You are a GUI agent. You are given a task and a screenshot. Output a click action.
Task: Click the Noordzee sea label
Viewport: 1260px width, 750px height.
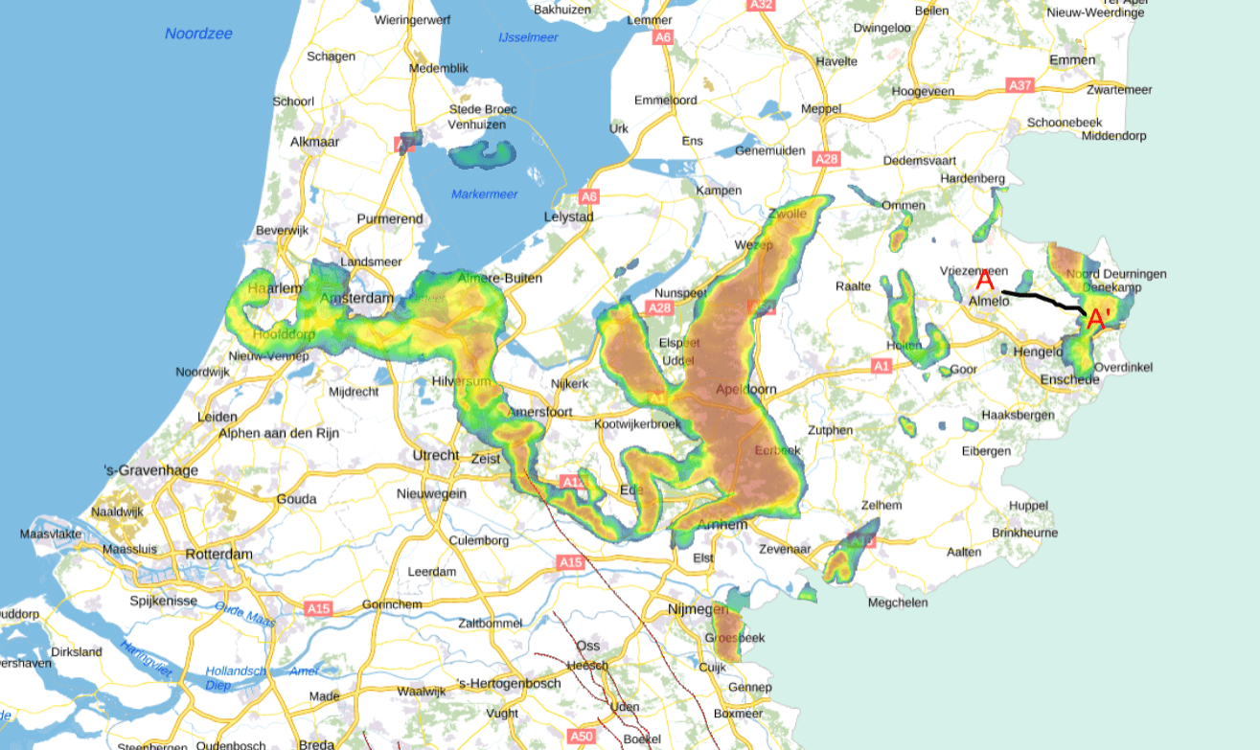click(x=198, y=34)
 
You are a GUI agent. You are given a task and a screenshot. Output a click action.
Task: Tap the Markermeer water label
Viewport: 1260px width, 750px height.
click(x=484, y=195)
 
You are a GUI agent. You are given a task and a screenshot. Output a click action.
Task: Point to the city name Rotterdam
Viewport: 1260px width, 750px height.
click(x=219, y=555)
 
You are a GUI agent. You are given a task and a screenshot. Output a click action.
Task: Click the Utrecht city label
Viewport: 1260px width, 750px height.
click(x=435, y=455)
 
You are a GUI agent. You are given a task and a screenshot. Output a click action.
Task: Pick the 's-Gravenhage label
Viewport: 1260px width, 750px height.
click(x=150, y=470)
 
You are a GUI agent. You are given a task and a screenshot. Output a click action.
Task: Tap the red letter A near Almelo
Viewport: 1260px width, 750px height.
click(x=984, y=281)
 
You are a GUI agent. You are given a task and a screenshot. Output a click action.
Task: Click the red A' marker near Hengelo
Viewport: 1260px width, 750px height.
click(x=1098, y=318)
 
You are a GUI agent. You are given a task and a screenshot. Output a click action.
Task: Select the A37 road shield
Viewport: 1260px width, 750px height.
click(x=1019, y=86)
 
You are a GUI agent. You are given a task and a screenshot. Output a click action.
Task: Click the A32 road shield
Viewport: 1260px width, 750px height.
click(x=762, y=5)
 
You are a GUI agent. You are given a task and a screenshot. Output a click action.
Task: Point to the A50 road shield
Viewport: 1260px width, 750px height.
click(x=581, y=736)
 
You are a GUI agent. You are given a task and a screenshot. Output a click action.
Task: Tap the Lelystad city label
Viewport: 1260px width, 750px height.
click(x=569, y=216)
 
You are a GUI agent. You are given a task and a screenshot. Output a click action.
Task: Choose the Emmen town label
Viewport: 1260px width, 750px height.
click(x=1071, y=59)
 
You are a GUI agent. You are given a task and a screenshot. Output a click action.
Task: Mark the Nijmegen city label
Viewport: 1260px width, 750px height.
click(x=699, y=609)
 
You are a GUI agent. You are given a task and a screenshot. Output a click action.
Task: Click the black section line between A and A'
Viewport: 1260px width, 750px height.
click(x=1044, y=301)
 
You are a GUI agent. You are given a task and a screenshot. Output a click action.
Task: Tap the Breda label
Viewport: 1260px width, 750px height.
click(x=316, y=744)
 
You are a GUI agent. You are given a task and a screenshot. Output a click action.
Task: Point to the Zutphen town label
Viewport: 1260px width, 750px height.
click(x=830, y=430)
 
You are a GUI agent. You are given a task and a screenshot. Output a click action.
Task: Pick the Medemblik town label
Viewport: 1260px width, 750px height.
click(x=438, y=68)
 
